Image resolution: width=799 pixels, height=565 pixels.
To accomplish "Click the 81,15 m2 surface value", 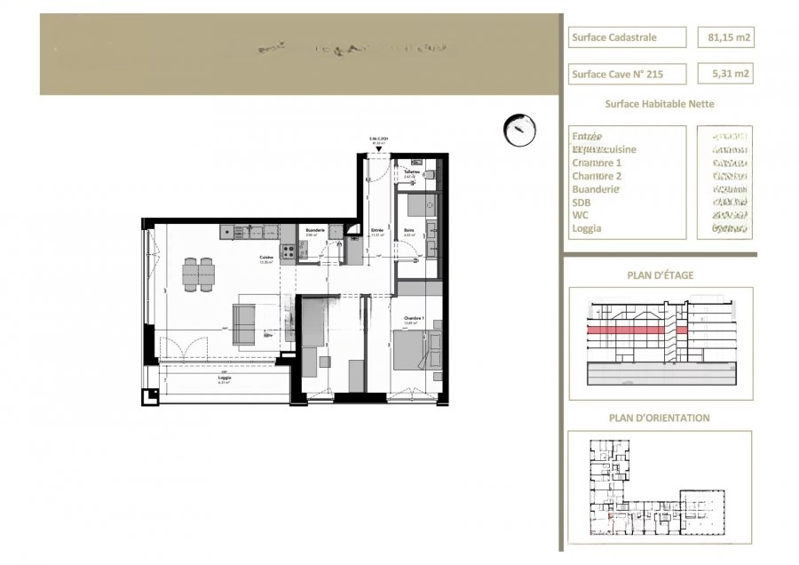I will [x=725, y=37].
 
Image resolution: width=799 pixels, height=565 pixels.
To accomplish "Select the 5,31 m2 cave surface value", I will [x=725, y=75].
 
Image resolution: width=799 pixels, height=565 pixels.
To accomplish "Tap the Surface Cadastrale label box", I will [x=627, y=37].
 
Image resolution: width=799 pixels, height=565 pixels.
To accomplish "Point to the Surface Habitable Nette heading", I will [x=659, y=104].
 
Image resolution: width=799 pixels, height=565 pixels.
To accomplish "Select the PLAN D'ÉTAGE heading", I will [x=660, y=275].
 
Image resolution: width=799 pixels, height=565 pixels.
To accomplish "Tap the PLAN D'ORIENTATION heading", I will [x=659, y=418].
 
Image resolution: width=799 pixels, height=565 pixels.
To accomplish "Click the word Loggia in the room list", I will [x=587, y=228].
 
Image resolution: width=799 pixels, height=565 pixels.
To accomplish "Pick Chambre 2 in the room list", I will [x=597, y=176].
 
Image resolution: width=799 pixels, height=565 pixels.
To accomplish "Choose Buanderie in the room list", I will [x=596, y=189].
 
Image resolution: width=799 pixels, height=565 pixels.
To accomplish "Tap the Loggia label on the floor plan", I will [x=225, y=378].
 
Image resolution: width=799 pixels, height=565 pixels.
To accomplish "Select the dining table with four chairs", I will [x=199, y=274].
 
